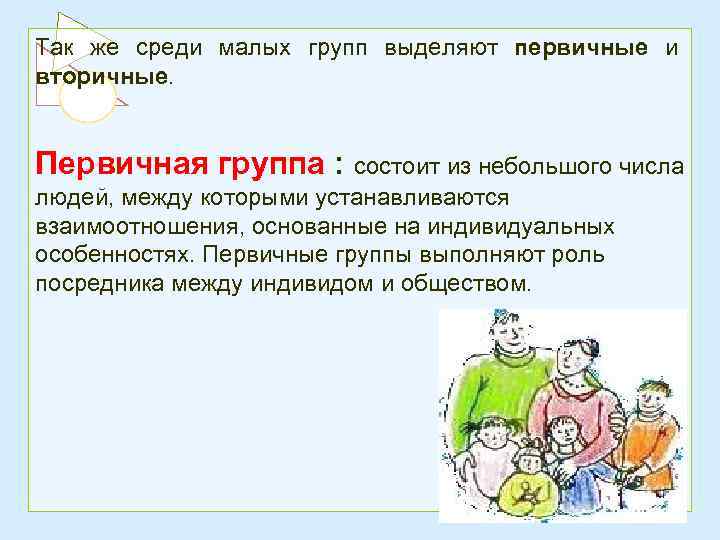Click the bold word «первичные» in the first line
(x=582, y=48)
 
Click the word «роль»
(x=582, y=255)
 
